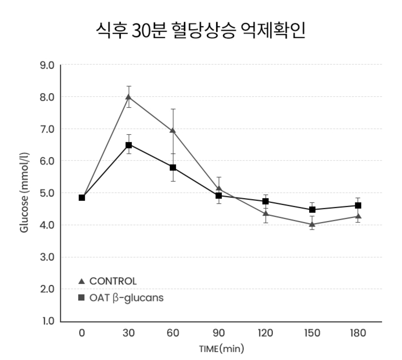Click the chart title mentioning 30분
tap(200, 31)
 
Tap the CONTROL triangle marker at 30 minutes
tap(129, 97)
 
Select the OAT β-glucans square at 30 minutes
tap(129, 145)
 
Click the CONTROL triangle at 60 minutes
tap(173, 130)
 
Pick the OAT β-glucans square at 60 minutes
tap(173, 167)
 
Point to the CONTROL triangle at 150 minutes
tap(312, 225)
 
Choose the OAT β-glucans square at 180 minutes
tap(358, 205)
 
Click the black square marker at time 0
tap(82, 197)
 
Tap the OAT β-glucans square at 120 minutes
tap(266, 201)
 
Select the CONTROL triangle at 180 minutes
tap(358, 216)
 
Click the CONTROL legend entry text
tap(113, 281)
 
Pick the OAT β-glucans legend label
tap(126, 298)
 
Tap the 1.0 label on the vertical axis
tap(49, 321)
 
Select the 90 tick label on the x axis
tap(219, 333)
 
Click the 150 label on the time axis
tap(312, 333)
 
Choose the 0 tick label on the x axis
tap(82, 333)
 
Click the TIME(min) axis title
tap(221, 349)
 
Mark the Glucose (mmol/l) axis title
tap(24, 193)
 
